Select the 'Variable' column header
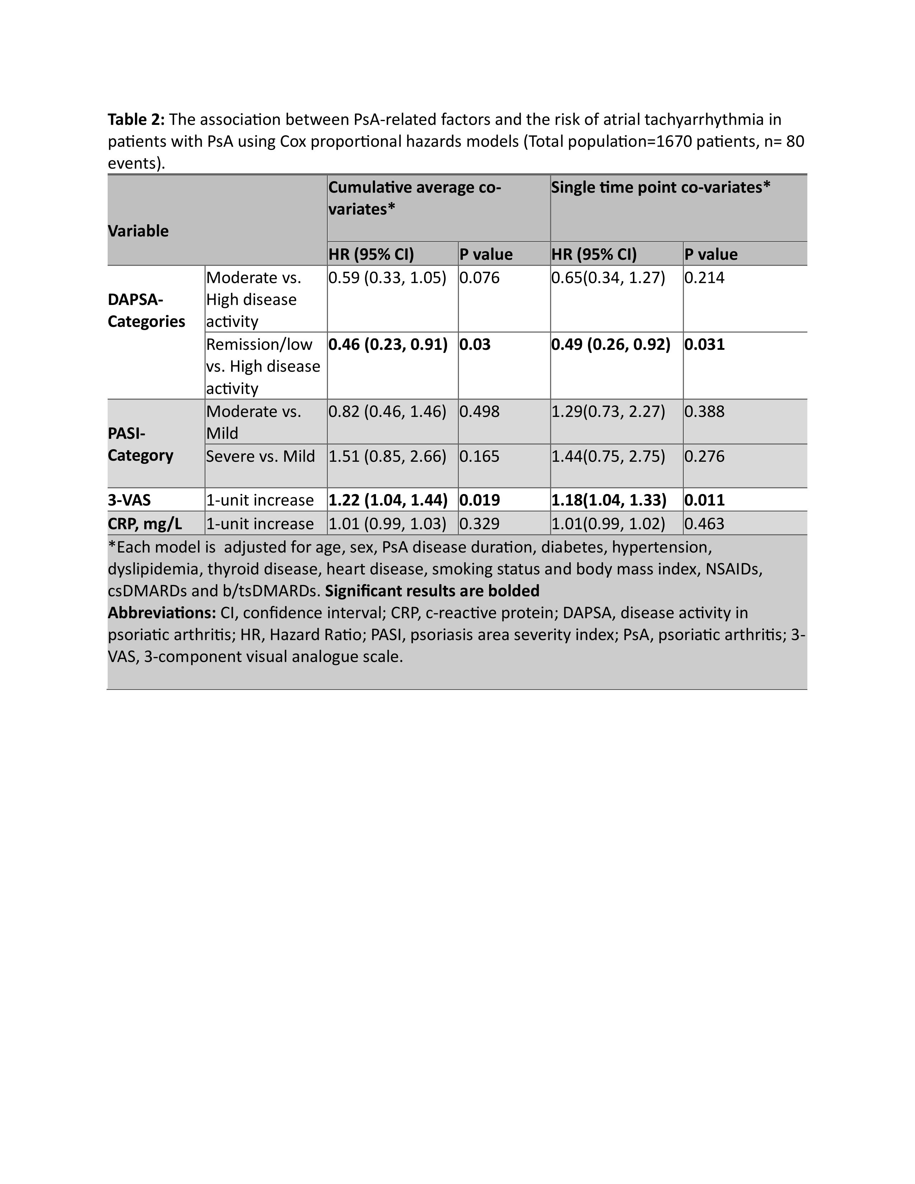(x=138, y=231)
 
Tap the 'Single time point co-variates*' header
(x=661, y=188)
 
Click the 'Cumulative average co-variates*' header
(x=415, y=198)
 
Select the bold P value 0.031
(x=704, y=345)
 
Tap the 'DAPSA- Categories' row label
(x=146, y=311)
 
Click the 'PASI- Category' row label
(x=140, y=445)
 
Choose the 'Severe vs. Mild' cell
(x=260, y=456)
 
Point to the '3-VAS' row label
(x=129, y=500)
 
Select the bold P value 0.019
(x=480, y=500)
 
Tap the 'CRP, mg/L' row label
(x=145, y=524)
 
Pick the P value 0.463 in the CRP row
(x=704, y=524)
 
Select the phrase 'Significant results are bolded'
(x=432, y=591)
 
